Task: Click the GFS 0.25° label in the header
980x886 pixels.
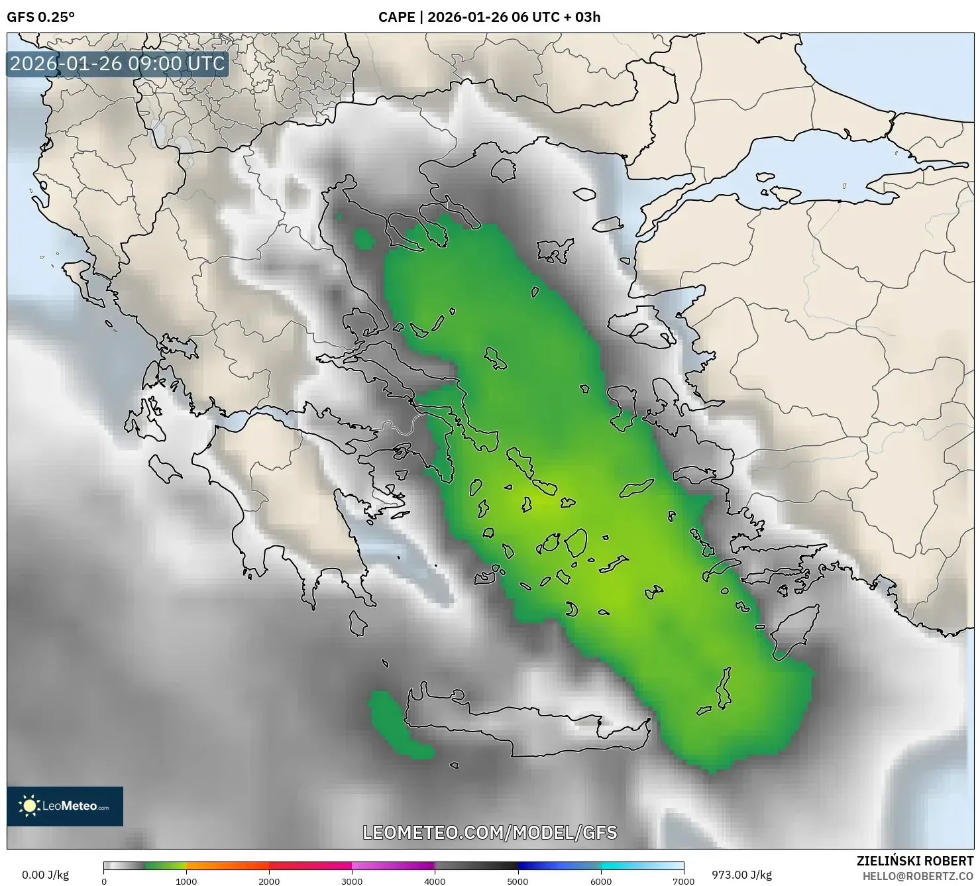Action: (40, 17)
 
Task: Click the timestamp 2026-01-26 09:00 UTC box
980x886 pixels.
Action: (117, 64)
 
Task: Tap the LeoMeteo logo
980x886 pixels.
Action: (65, 806)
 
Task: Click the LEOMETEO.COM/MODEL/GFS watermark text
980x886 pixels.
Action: (490, 832)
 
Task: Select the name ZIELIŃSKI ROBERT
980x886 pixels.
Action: (914, 861)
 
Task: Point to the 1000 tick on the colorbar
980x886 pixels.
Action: (186, 881)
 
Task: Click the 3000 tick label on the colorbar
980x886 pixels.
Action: (352, 881)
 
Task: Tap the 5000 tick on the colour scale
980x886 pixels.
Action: (517, 881)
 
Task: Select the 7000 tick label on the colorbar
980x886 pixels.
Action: (683, 881)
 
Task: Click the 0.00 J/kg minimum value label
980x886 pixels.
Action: (45, 875)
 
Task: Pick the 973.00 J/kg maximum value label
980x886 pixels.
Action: (741, 875)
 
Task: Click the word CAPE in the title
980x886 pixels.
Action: (396, 17)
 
